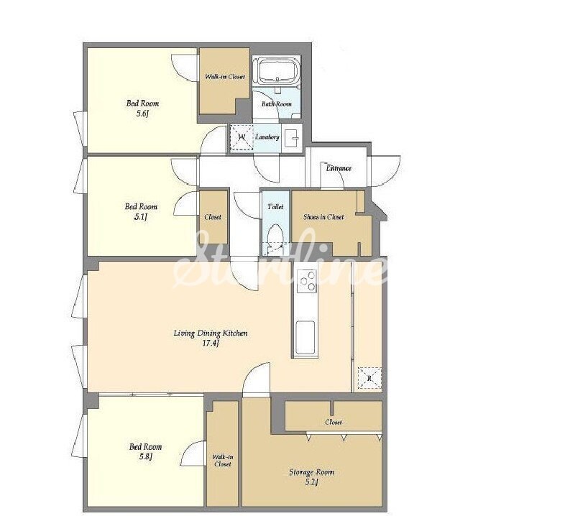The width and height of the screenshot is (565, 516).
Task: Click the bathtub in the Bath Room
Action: [x=277, y=70]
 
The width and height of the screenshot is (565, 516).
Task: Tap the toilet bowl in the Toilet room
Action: [x=276, y=235]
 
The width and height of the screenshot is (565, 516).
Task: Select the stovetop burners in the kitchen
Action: [x=307, y=282]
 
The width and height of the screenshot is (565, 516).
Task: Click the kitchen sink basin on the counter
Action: [x=305, y=338]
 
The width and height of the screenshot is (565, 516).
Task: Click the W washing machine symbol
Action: [x=242, y=137]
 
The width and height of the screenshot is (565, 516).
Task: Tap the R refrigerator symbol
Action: [x=369, y=378]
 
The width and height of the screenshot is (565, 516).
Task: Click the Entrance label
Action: [x=339, y=168]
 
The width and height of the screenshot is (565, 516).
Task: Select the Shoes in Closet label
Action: [x=323, y=217]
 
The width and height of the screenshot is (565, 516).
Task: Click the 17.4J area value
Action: [x=211, y=343]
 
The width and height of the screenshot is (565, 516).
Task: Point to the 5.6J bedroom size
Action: [x=142, y=114]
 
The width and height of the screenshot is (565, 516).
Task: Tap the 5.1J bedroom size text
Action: [x=141, y=217]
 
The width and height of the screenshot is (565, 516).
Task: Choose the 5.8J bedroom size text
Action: [x=146, y=456]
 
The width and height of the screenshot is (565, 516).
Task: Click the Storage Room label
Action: [x=312, y=472]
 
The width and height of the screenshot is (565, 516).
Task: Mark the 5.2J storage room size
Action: [x=312, y=482]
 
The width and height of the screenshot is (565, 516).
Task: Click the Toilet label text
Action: [x=275, y=207]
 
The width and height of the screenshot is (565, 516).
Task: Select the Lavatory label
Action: [x=267, y=137]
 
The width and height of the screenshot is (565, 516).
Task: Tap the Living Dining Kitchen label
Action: [x=211, y=333]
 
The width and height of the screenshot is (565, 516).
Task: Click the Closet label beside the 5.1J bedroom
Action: [x=213, y=217]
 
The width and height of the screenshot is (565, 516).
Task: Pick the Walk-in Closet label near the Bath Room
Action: [x=225, y=76]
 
